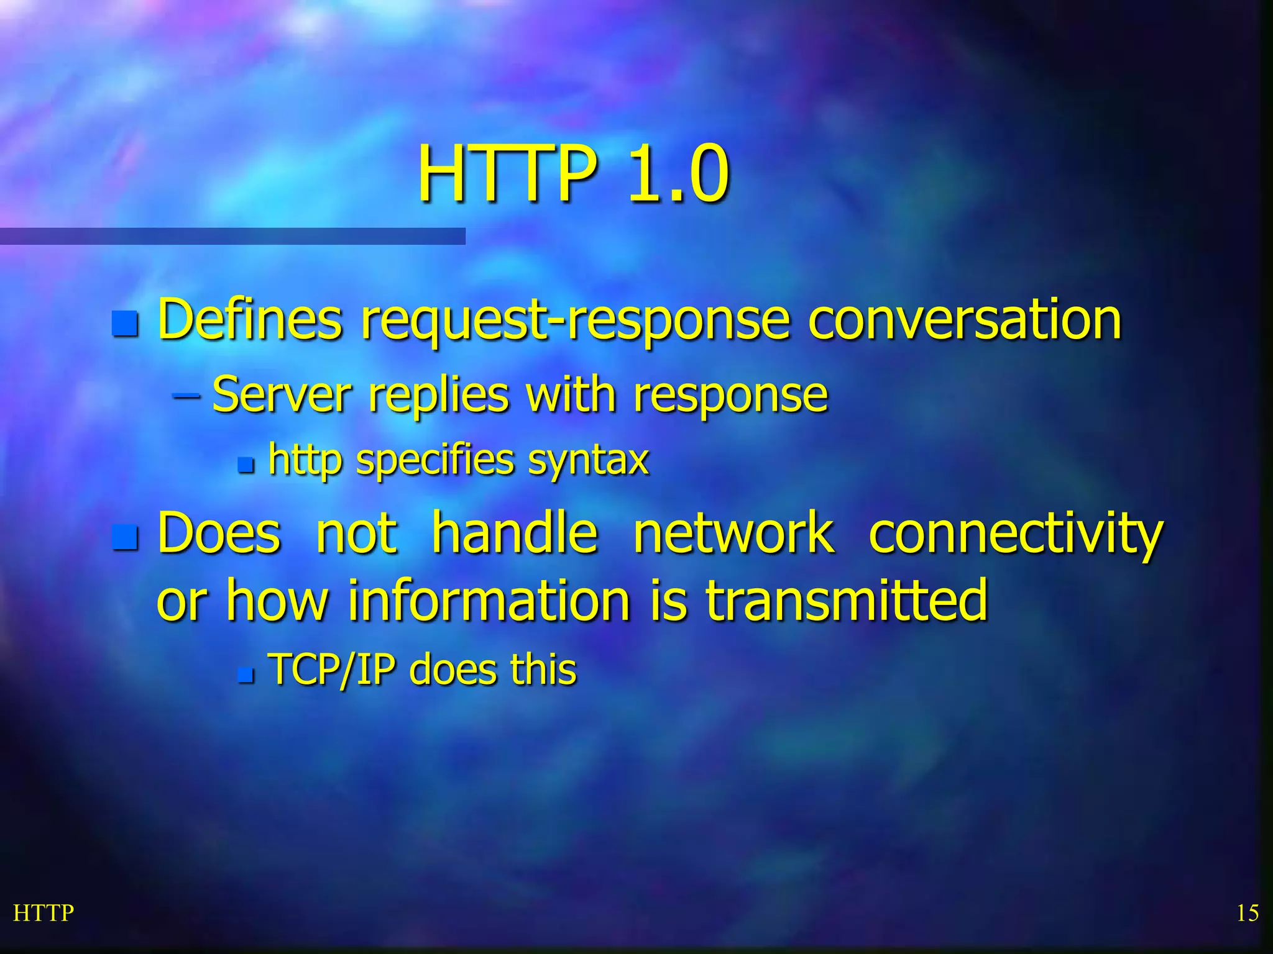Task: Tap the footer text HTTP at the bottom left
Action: tap(44, 913)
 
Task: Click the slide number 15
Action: tap(1247, 913)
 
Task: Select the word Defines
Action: tap(250, 319)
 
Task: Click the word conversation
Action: tap(965, 319)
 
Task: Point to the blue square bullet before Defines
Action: tap(125, 324)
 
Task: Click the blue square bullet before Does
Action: tap(125, 537)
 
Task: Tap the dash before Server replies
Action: tap(186, 394)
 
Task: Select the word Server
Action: tap(282, 395)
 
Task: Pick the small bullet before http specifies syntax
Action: tap(246, 465)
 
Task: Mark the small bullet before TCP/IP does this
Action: tap(246, 675)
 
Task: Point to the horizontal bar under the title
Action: tap(232, 236)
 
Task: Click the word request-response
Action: tap(576, 320)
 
